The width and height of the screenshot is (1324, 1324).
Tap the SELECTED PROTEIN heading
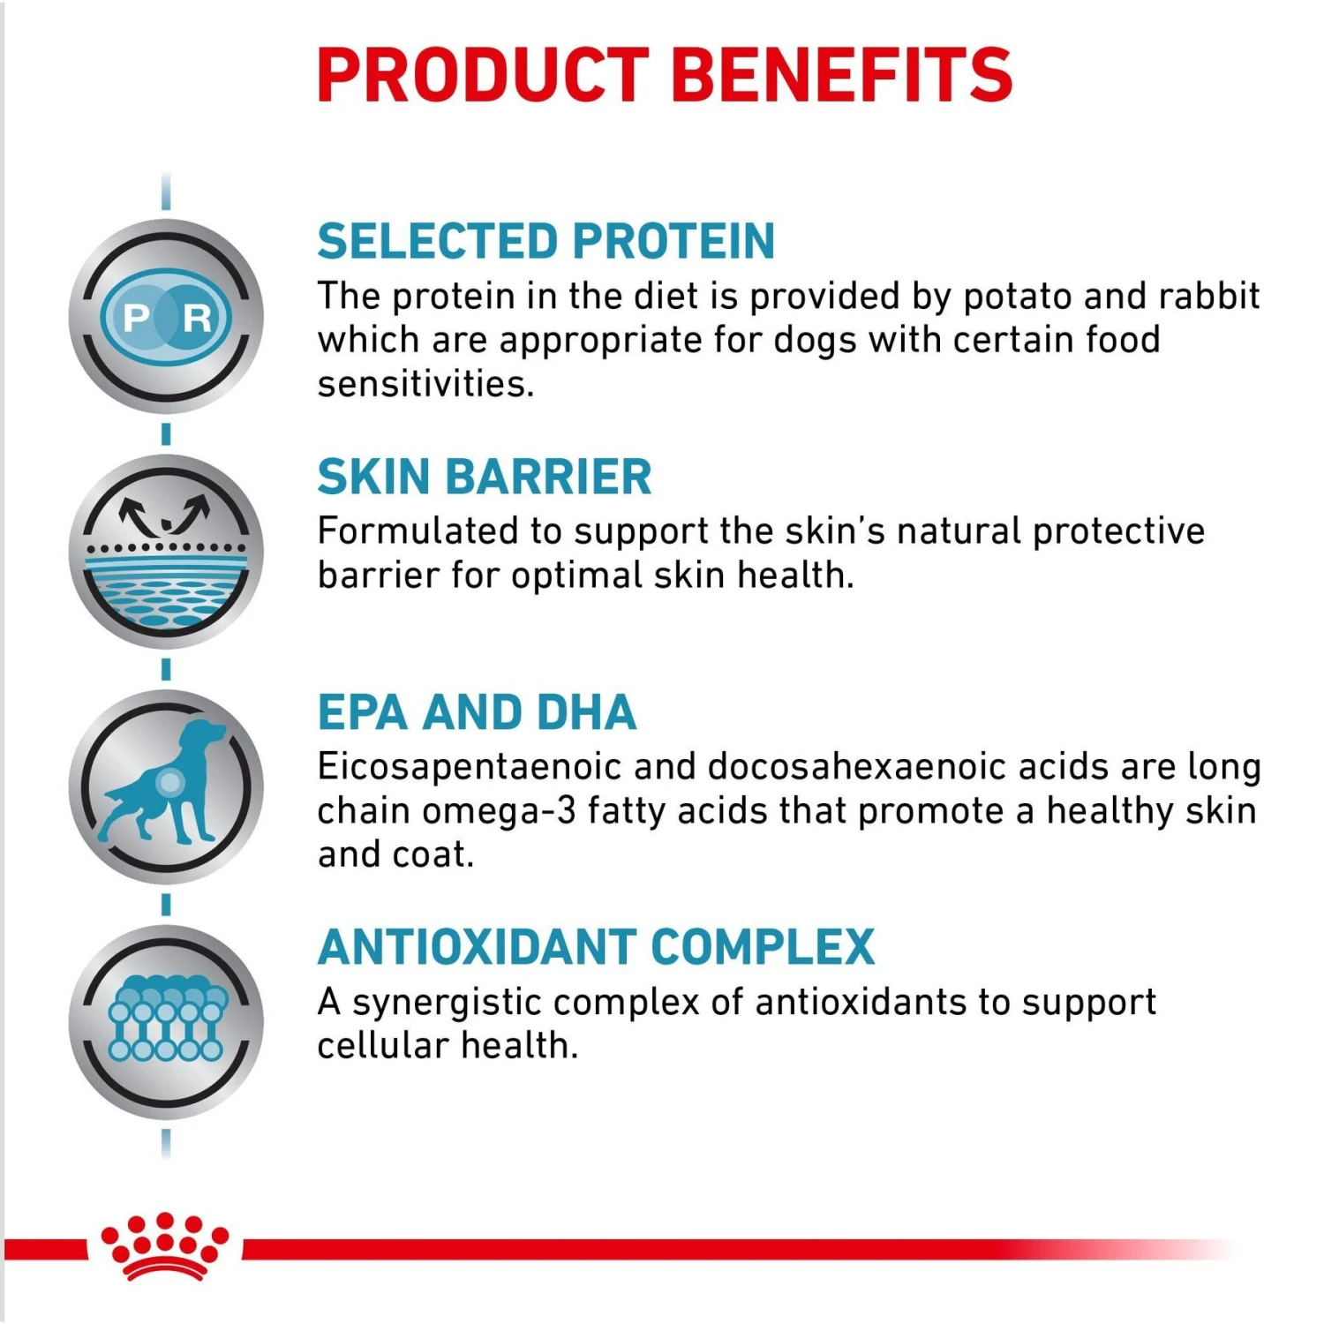(x=546, y=242)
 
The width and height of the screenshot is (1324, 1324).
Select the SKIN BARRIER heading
(x=485, y=478)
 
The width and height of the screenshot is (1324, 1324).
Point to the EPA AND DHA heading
(x=477, y=712)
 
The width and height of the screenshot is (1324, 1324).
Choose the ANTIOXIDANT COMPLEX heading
(x=596, y=947)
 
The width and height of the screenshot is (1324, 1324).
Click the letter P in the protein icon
(x=137, y=318)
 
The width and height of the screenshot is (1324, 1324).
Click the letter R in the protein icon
(x=197, y=318)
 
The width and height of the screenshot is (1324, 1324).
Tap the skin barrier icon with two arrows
(x=166, y=552)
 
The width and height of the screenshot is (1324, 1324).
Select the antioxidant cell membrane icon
(x=166, y=1019)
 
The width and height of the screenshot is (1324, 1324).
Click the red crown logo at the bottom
(x=165, y=1246)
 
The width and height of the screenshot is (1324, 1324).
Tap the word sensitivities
(x=425, y=384)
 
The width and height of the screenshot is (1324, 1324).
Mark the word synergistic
(x=446, y=1003)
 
